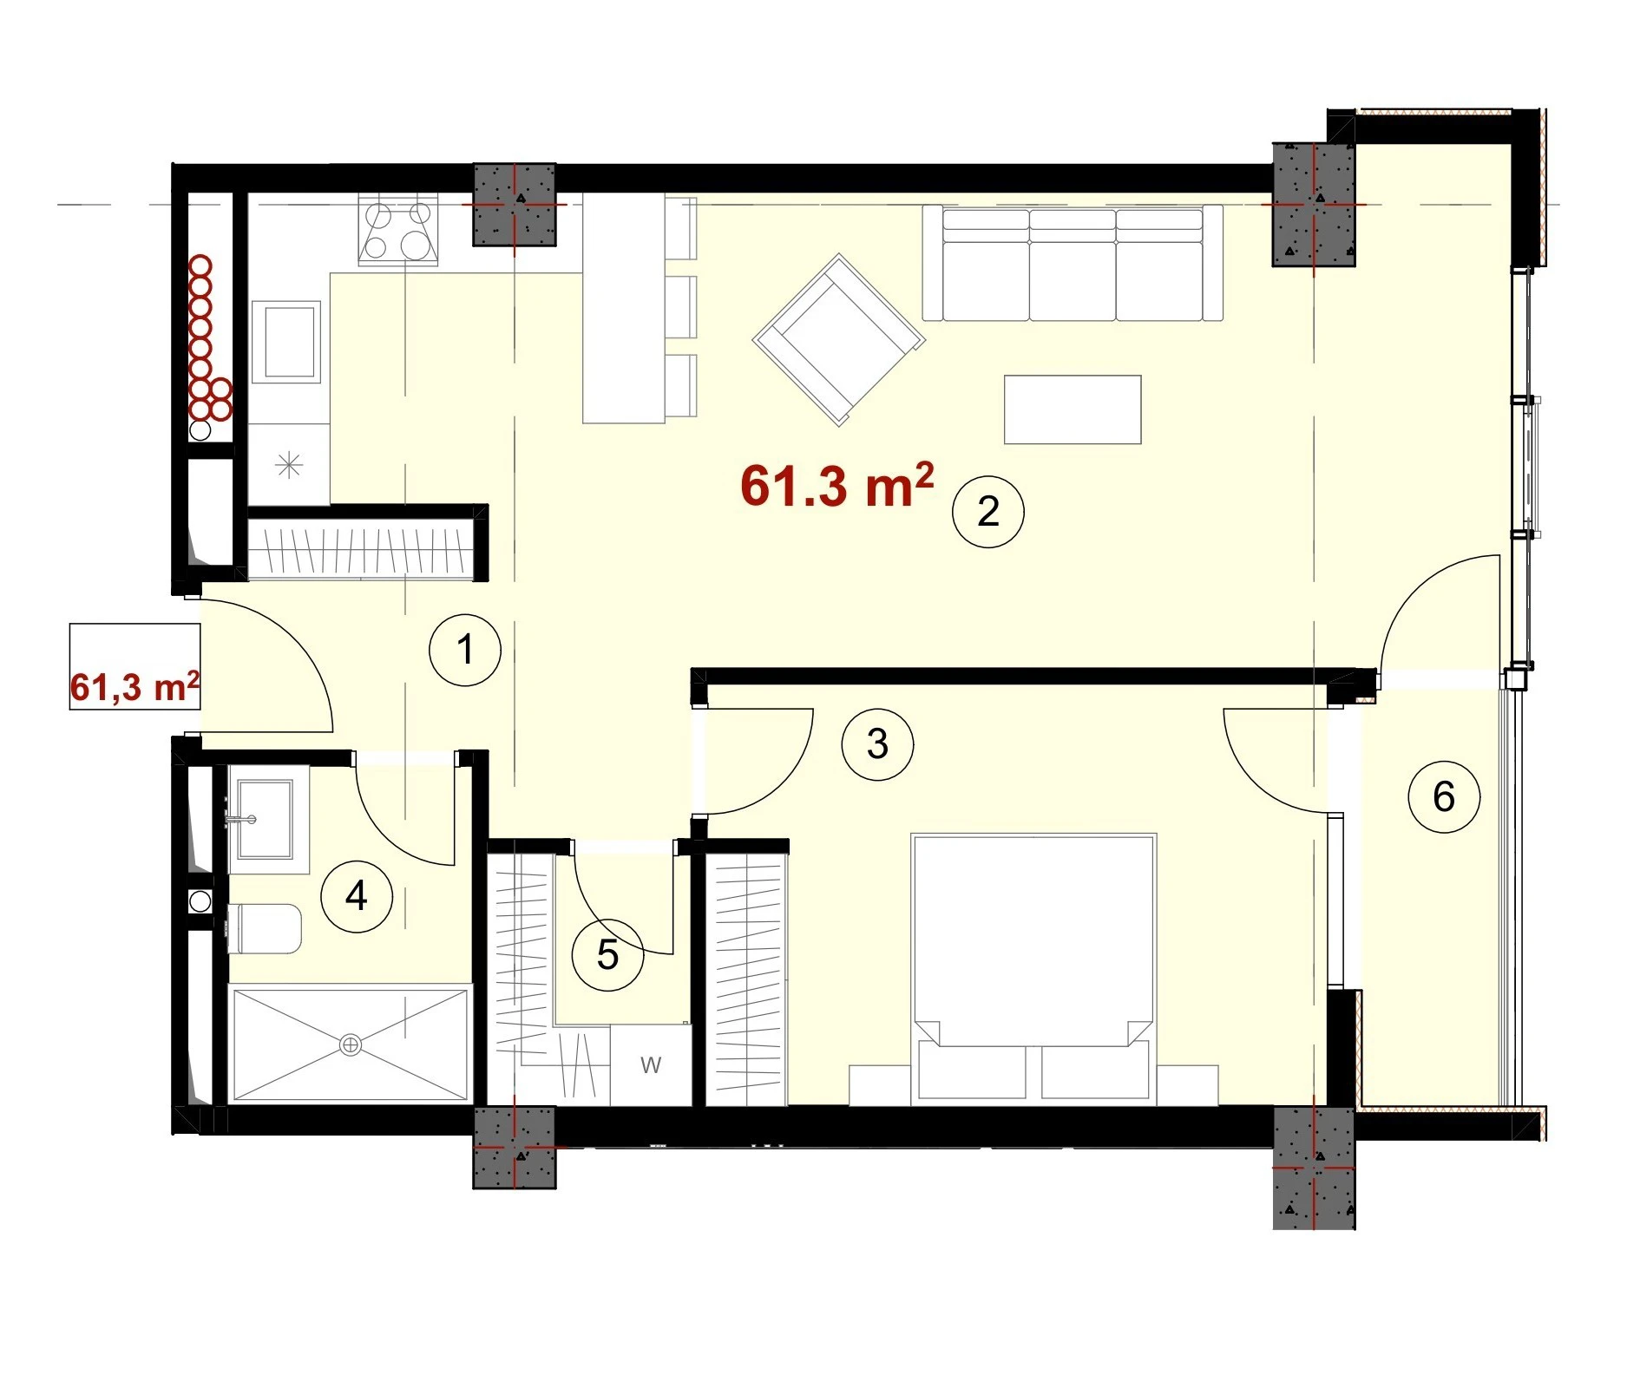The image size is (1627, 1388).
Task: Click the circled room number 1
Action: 465,650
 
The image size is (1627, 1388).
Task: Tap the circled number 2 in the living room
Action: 988,511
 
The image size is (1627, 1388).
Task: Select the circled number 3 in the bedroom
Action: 877,744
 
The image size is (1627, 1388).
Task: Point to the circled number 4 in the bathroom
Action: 357,896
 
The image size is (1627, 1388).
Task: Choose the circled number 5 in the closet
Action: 607,955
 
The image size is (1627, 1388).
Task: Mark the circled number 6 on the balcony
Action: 1444,796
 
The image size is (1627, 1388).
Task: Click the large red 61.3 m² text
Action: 836,485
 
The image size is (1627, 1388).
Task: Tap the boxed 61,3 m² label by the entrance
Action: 134,667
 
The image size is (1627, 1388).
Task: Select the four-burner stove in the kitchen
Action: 398,229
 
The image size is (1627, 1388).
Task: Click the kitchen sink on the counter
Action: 286,342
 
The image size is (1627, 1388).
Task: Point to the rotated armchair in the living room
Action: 839,339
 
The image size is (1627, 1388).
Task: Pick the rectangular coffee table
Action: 1073,409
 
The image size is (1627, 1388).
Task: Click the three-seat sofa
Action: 1073,263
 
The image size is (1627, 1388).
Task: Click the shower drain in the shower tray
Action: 351,1045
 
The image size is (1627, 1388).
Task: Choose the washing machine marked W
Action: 651,1064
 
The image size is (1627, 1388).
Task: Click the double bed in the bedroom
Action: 1033,969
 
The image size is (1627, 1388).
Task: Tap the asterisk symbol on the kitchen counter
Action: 289,466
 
